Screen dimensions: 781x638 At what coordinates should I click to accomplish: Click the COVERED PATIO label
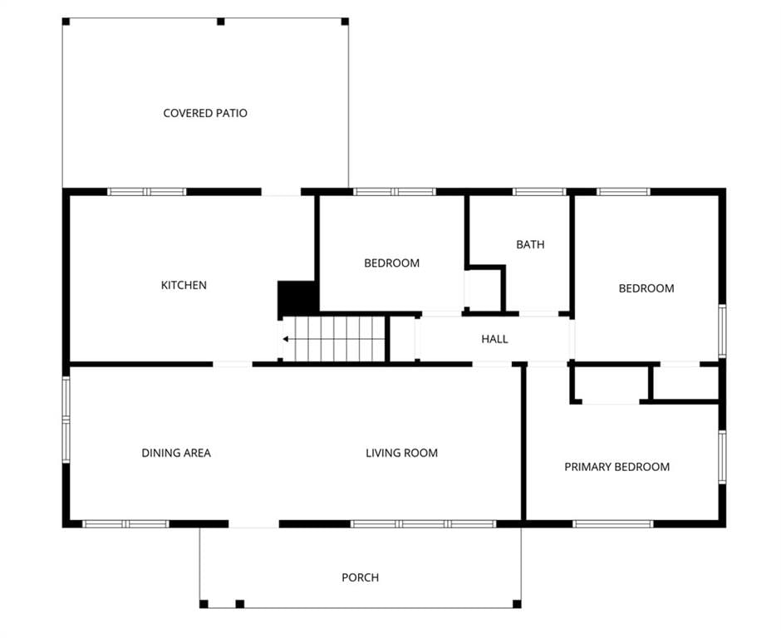click(x=205, y=113)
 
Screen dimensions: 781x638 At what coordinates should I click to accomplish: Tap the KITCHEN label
click(x=184, y=285)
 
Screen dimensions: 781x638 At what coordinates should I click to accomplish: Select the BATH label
click(x=530, y=244)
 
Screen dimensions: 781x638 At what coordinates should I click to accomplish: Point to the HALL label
click(x=494, y=339)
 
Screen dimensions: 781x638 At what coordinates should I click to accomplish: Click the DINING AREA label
click(x=176, y=453)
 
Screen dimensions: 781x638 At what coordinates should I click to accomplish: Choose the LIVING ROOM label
click(x=402, y=453)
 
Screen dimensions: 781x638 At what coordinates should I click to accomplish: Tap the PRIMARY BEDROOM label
click(x=617, y=467)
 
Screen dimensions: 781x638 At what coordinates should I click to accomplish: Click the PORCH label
click(x=360, y=577)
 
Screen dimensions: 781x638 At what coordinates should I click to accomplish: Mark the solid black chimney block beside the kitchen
click(x=297, y=297)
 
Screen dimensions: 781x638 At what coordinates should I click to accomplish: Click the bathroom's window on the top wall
click(x=539, y=192)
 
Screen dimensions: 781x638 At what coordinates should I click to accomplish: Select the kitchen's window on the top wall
click(x=147, y=192)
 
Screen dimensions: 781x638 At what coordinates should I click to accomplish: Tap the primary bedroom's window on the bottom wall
click(x=612, y=524)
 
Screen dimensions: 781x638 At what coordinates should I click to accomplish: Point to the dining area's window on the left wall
click(x=66, y=420)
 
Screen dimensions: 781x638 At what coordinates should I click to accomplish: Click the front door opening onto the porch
click(x=254, y=524)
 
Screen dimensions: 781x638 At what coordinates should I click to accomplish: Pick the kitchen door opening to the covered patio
click(x=282, y=192)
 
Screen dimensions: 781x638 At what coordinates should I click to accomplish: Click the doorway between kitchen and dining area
click(x=233, y=364)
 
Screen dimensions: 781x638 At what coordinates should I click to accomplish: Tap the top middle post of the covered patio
click(x=221, y=22)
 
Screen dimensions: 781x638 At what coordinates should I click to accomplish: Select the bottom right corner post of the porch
click(x=517, y=604)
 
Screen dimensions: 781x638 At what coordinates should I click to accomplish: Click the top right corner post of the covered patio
click(x=345, y=22)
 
